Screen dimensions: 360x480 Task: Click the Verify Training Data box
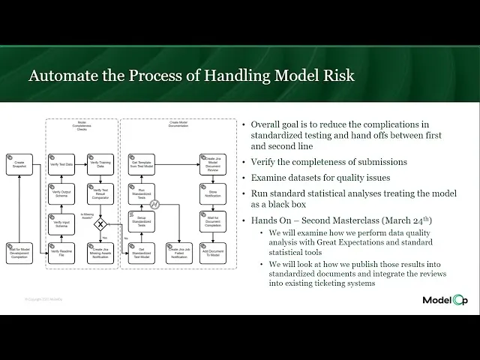tap(100, 164)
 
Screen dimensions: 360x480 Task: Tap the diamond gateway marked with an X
tap(100, 223)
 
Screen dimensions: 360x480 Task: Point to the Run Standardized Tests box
tap(142, 193)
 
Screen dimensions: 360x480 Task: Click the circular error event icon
tap(154, 205)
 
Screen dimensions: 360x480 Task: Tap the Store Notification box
tap(212, 193)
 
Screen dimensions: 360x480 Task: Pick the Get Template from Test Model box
tap(142, 164)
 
